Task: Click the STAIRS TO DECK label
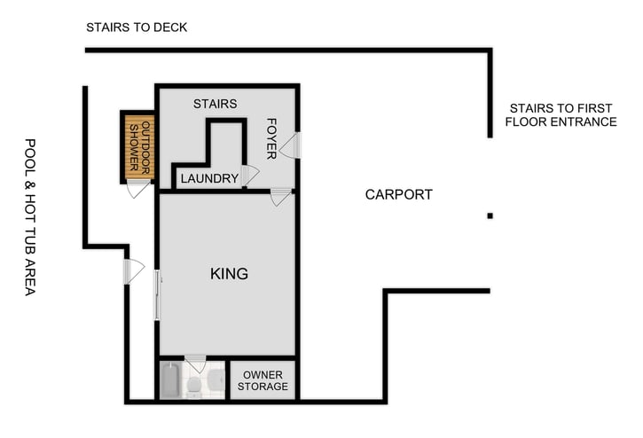coord(137,27)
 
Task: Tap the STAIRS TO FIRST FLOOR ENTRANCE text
coord(561,114)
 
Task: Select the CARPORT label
coord(398,194)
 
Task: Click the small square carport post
coord(490,215)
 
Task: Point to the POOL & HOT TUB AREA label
coord(30,216)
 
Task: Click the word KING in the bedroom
coord(229,274)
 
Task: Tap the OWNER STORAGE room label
coord(263,380)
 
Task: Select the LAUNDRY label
coord(209,179)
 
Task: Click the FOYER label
coord(272,138)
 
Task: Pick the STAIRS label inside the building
coord(216,104)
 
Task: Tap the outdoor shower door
coord(138,189)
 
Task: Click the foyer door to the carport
coord(291,146)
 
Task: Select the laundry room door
coord(249,175)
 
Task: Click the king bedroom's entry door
coord(281,197)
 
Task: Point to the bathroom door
coord(196,364)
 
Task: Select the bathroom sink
coord(216,379)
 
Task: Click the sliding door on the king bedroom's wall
coord(158,295)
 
